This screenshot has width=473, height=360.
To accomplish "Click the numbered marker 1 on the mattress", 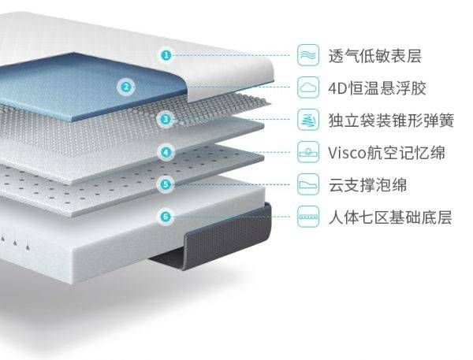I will (166, 54).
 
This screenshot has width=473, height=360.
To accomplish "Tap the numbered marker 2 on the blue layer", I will (125, 87).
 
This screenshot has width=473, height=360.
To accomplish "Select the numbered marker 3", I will (166, 119).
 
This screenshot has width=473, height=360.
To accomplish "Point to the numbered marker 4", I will (166, 151).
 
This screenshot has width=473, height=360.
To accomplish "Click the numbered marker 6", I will (166, 216).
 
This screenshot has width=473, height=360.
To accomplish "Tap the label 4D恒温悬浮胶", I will (376, 87).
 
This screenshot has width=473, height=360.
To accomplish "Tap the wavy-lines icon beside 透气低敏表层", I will (308, 55).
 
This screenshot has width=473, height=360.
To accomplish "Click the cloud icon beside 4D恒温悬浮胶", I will (308, 87).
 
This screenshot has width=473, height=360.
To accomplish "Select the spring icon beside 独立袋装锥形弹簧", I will (308, 120).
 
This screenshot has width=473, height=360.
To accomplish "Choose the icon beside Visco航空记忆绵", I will (308, 152).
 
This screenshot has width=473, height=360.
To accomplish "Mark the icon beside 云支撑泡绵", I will (308, 185).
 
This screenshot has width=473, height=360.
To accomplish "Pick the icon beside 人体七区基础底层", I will (308, 217).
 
